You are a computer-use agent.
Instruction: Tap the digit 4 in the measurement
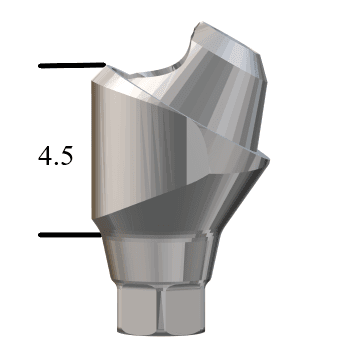(x=45, y=157)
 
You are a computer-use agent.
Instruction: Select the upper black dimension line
(x=70, y=67)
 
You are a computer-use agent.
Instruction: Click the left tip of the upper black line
(x=40, y=67)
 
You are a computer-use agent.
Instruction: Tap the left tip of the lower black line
(x=40, y=236)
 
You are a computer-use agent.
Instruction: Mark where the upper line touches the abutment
(x=102, y=67)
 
